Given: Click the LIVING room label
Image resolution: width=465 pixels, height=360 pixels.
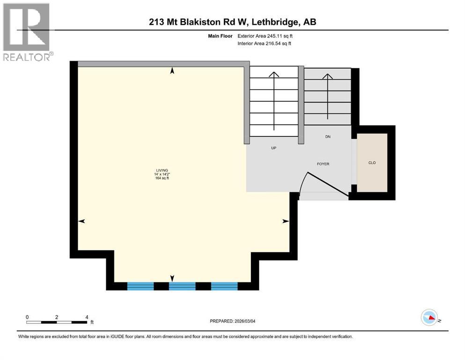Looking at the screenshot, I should pos(162,170).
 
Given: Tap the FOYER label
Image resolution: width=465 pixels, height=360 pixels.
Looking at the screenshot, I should pos(323,164).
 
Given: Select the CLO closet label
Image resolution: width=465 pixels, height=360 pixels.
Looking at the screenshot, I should pos(372,163).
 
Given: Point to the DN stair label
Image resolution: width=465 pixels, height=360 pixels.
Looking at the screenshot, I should pos(328,137).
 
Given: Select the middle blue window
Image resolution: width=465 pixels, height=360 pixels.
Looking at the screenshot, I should pos(182,286).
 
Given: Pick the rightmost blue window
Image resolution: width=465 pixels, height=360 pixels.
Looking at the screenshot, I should pos(224,286).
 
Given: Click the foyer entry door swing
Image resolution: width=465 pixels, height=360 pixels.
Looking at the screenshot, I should pos(328,185).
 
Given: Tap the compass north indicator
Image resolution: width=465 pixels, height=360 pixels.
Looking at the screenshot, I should pos(429,317).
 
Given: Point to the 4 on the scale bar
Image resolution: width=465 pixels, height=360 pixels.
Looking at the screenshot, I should pos(87,317).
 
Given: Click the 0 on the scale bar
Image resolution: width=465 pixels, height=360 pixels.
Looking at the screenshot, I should pos(28,317).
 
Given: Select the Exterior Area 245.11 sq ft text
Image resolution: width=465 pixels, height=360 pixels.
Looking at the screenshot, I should pos(265,36).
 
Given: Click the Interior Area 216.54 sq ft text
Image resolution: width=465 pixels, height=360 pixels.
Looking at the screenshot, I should pos(265,44).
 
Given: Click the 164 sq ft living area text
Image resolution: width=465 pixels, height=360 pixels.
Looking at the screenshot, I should pos(162,179).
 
